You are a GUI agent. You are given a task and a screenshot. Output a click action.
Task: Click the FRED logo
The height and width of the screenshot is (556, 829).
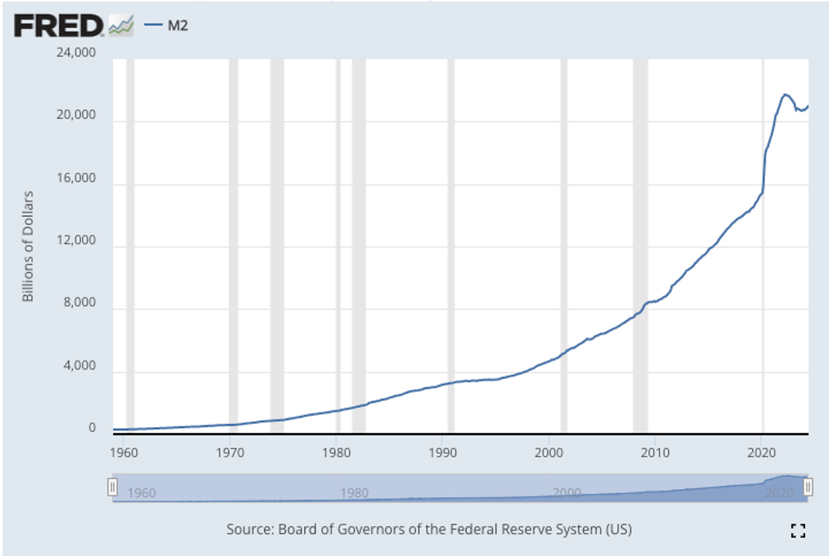tap(58, 26)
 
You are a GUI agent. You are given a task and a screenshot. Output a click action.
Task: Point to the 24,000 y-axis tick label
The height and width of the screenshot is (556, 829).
tap(77, 52)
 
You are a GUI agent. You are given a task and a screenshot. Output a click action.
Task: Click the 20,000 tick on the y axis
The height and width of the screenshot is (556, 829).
tap(77, 115)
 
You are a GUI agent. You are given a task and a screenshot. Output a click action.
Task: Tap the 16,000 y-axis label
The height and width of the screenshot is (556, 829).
tap(77, 178)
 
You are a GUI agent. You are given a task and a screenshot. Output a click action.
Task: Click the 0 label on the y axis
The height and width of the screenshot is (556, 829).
tap(92, 428)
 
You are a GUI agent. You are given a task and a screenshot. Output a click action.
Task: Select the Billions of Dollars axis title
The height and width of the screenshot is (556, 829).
tap(28, 246)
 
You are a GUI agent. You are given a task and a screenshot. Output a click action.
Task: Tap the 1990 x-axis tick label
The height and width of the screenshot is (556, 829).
tap(442, 451)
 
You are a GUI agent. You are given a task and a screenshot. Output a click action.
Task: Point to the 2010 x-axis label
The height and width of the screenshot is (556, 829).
tap(655, 451)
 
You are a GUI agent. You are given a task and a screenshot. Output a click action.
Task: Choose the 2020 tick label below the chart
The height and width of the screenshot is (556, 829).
tap(762, 451)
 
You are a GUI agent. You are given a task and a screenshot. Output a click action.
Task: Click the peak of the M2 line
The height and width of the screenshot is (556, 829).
tap(785, 95)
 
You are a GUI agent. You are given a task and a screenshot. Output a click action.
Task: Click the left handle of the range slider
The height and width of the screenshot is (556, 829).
tap(112, 487)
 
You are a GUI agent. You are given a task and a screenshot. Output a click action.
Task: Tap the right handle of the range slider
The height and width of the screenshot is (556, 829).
tap(808, 487)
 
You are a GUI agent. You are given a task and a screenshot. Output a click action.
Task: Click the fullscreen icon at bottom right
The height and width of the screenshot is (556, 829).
tap(799, 531)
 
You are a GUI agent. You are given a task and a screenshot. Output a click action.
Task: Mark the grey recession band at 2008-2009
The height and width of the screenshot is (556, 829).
tap(640, 246)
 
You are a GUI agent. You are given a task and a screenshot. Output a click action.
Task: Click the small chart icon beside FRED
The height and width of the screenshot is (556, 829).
tap(120, 27)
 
